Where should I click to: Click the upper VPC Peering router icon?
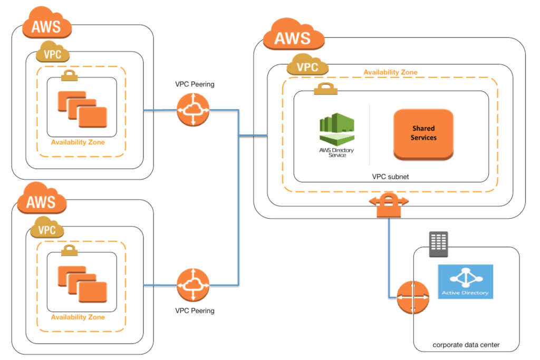coord(194,110)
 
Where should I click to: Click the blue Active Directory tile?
coord(465,281)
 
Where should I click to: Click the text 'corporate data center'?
coord(466,345)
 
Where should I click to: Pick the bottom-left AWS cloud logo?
coord(42,201)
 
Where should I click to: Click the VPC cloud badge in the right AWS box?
coord(307,67)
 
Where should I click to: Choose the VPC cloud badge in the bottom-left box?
coord(47,230)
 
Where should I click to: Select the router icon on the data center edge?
coord(410,297)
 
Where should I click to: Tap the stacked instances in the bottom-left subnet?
coord(82,284)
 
